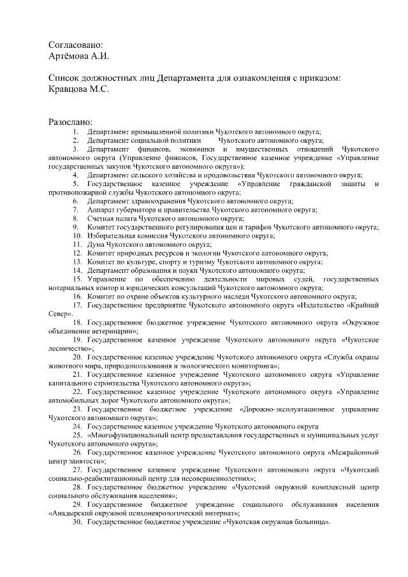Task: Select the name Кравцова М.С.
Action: [x=79, y=90]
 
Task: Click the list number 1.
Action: [x=75, y=131]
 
